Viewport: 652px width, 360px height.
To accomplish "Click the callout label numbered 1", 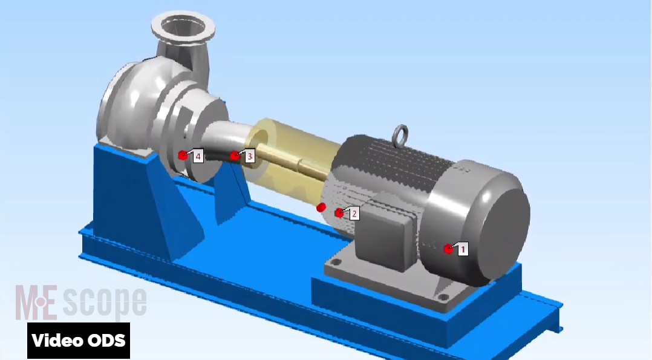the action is [463, 249].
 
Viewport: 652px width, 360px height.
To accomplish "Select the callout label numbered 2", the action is [354, 214].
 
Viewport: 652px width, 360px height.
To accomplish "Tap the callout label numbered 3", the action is [249, 157].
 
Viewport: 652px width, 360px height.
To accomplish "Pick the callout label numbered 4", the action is [198, 157].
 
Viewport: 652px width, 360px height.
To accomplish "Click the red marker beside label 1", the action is [448, 249].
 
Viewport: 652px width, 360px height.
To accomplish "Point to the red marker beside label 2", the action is [339, 213].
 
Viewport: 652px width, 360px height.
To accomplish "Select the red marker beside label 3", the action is [235, 155].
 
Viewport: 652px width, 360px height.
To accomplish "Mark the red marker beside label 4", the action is [182, 155].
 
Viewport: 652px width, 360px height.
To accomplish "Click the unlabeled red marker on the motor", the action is [321, 207].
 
